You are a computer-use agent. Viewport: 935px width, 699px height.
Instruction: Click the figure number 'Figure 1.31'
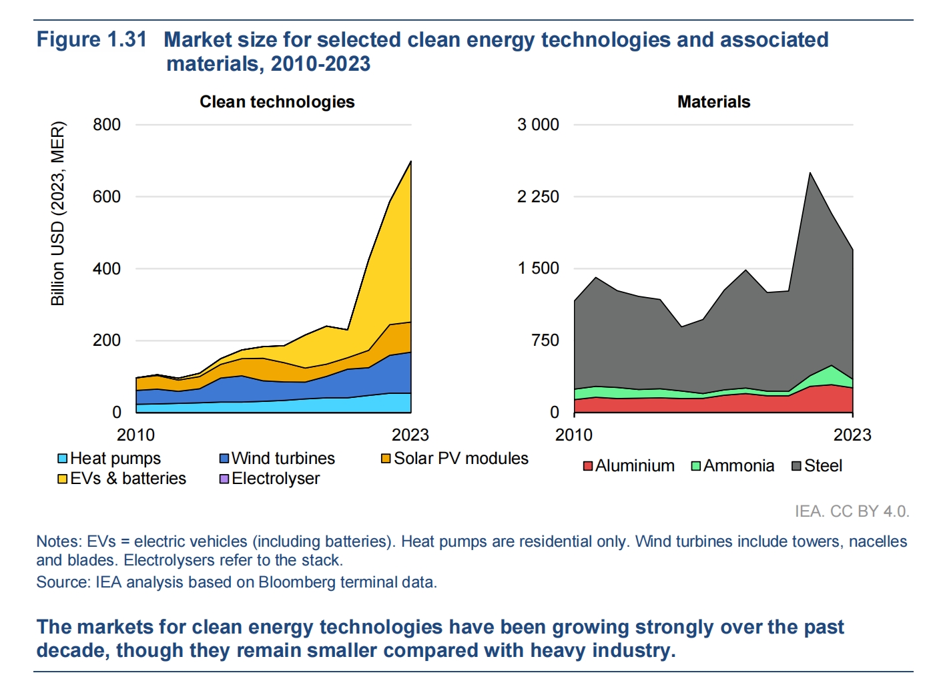tap(91, 39)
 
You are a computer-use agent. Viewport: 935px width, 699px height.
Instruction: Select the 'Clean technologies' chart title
tap(277, 102)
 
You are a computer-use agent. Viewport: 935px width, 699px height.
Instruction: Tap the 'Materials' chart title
tap(713, 102)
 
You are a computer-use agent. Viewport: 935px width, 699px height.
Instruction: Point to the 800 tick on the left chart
tap(107, 125)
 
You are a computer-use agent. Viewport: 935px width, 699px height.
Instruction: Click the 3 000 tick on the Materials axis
tap(538, 125)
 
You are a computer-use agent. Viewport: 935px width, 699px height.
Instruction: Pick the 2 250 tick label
tap(538, 197)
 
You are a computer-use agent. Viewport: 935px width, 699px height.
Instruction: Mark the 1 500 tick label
tap(538, 268)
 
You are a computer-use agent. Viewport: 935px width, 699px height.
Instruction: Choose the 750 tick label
tap(545, 340)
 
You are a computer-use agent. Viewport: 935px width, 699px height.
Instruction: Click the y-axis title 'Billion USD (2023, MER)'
tap(58, 214)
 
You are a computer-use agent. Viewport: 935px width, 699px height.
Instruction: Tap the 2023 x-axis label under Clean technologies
tap(410, 435)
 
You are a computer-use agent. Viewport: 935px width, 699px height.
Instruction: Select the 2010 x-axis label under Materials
tap(574, 435)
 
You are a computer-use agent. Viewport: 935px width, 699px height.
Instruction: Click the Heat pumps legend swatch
tap(63, 459)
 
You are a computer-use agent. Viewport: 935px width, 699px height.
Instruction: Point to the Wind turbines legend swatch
tap(224, 459)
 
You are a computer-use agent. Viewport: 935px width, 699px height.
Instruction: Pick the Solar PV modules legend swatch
tap(386, 459)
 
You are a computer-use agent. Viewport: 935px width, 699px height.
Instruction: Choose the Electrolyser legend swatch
tap(224, 479)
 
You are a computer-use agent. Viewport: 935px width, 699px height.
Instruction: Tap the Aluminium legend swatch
tap(588, 466)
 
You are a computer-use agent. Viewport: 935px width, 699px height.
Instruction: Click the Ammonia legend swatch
tap(696, 466)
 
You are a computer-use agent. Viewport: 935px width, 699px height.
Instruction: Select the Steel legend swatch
tap(796, 466)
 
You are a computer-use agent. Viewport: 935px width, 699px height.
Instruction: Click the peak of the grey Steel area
tap(810, 174)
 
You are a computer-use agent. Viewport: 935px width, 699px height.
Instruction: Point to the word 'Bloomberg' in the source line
tap(298, 582)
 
